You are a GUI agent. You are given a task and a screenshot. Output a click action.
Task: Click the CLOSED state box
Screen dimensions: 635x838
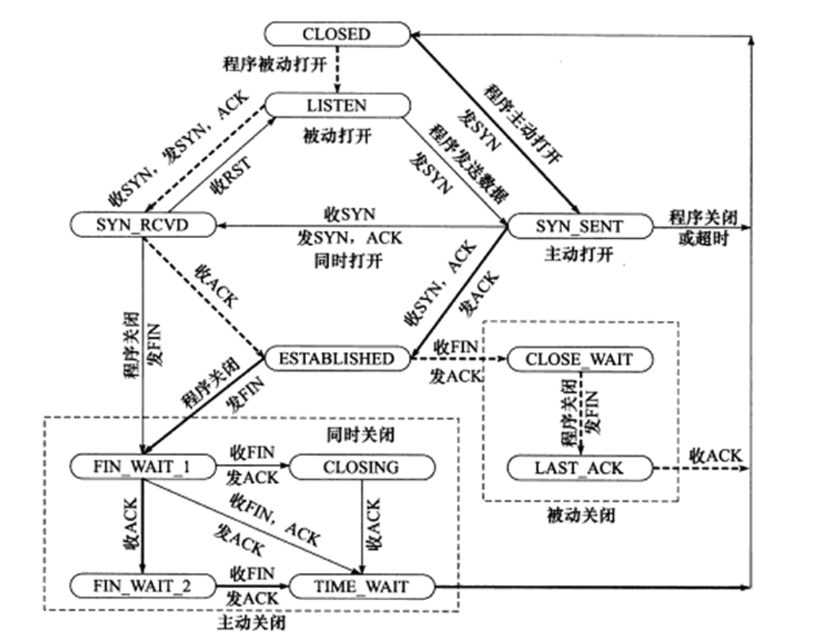pos(336,34)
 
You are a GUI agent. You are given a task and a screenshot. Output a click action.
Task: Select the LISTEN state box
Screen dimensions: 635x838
pos(336,104)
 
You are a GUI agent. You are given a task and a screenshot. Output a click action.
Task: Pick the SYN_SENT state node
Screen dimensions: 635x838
pos(579,226)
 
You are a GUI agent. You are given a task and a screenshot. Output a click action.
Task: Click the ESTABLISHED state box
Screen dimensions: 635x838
pos(336,358)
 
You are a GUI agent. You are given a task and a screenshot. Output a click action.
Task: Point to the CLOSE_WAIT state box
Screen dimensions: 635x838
pos(579,359)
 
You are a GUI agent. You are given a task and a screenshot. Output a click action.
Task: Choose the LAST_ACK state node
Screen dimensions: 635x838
pos(579,468)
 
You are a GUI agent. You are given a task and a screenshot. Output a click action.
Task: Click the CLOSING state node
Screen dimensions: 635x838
pos(360,467)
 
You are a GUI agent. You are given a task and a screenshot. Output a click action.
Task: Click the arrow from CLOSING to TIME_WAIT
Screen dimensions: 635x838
pos(363,527)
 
